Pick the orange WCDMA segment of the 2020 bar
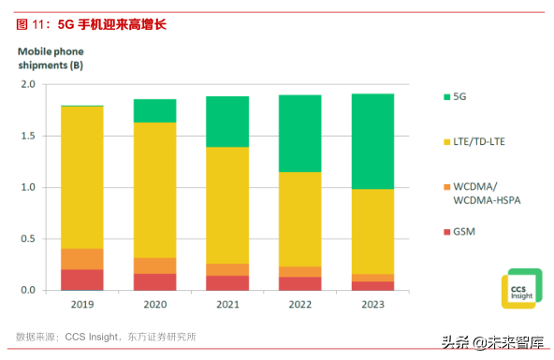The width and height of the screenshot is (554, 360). [x=153, y=266]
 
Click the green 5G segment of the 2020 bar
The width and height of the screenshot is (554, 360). [x=153, y=110]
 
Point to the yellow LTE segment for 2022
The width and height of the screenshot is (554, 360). [x=299, y=219]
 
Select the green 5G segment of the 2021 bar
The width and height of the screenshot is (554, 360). [x=226, y=122]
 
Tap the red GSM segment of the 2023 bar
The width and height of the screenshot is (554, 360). [x=372, y=286]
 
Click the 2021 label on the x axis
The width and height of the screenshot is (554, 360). [x=226, y=305]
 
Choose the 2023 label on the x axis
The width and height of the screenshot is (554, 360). [x=372, y=305]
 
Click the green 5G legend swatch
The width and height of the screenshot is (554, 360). [x=444, y=96]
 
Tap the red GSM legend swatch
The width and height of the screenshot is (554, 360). [x=444, y=230]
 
